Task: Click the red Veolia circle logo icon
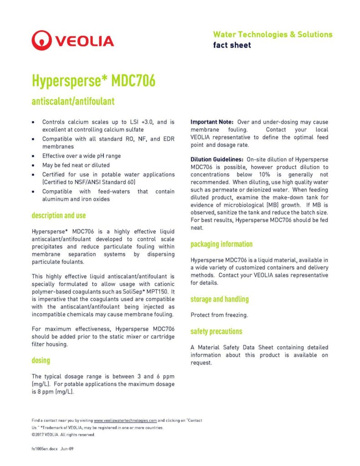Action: point(41,40)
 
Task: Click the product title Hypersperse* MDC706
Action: point(93,81)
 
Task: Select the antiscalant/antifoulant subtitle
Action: point(73,101)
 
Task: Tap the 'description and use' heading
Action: point(59,215)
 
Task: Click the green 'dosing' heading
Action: point(41,360)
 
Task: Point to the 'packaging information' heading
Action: point(222,244)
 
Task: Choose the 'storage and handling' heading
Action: point(219,299)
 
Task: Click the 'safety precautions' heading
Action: point(216,331)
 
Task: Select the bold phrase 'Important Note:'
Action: point(212,122)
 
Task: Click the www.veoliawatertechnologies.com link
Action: point(125,420)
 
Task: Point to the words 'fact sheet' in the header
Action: point(232,45)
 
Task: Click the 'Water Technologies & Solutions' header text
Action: point(273,35)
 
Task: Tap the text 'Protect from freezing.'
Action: point(219,315)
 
